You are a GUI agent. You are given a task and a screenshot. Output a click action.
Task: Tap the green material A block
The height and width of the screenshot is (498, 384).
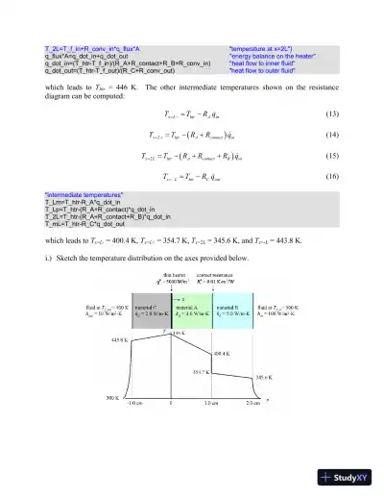191,309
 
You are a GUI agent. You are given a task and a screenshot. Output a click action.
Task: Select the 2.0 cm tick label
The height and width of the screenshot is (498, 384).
252,402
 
